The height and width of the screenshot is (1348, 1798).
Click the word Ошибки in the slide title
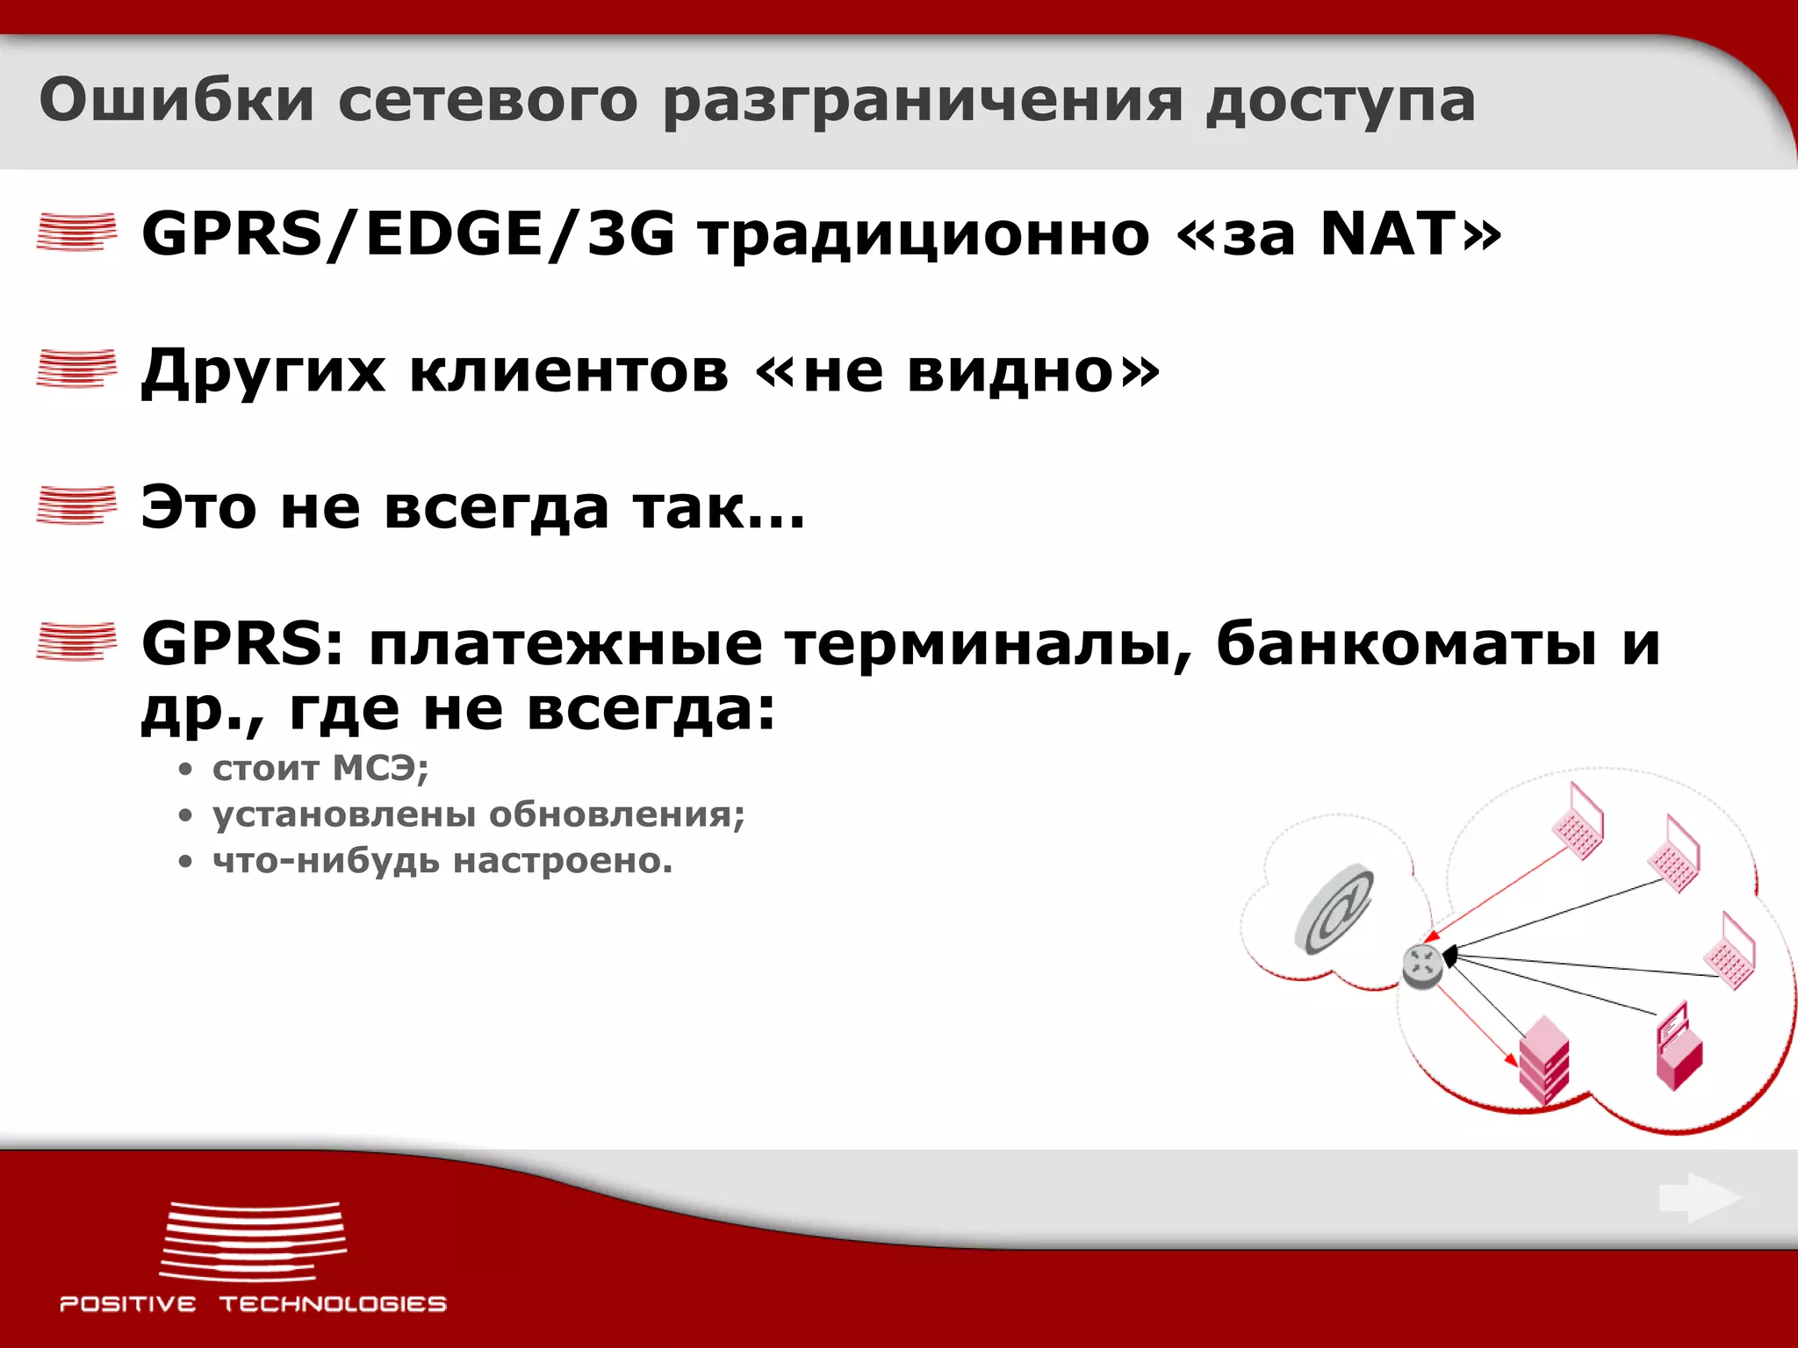176,99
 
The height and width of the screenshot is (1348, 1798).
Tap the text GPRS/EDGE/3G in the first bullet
408,234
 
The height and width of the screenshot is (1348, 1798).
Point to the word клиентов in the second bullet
569,371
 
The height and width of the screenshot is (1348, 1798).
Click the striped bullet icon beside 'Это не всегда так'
76,505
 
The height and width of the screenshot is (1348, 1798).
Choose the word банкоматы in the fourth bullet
1406,644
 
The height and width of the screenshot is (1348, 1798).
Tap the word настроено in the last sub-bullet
562,861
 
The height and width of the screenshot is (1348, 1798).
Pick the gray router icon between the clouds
1421,965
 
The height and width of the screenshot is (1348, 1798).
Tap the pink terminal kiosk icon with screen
1678,1046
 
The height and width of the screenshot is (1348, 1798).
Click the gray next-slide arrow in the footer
1699,1197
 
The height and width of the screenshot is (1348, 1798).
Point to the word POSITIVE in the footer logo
127,1304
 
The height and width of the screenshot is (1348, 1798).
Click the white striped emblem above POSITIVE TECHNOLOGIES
253,1241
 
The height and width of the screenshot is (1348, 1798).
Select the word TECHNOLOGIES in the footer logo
333,1304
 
